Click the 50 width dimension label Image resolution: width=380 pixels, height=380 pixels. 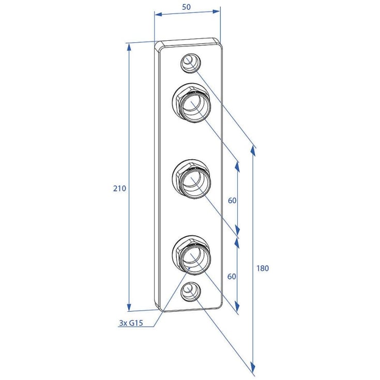pos(186,7)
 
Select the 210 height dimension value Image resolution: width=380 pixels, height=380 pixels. pos(119,188)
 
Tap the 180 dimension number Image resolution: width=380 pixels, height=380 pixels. pos(263,268)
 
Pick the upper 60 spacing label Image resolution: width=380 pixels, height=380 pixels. pos(232,201)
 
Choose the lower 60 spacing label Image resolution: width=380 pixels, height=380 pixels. pos(232,276)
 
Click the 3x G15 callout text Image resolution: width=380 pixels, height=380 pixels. pos(131,323)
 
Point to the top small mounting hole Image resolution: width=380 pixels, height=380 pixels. pos(191,63)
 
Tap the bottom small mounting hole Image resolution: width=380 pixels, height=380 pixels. pos(191,292)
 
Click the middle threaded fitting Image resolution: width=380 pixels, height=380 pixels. pos(191,179)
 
